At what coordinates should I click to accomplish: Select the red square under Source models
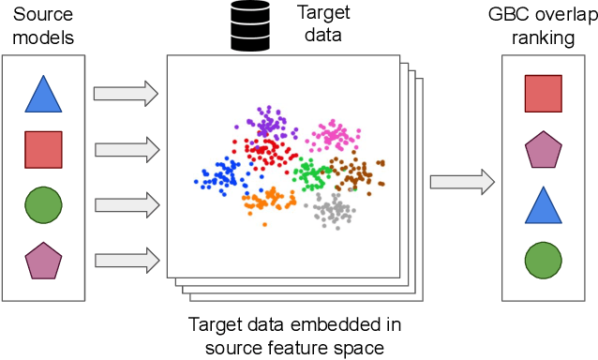coord(43,148)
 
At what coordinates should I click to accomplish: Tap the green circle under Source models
coord(43,204)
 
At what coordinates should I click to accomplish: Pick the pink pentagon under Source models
coord(43,260)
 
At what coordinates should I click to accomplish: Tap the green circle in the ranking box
coord(543,262)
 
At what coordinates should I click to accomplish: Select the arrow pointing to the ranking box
coord(461,182)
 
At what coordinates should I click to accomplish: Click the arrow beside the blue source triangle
coord(126,93)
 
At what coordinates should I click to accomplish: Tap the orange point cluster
coord(268,199)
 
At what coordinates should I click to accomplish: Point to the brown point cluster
coord(357,173)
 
